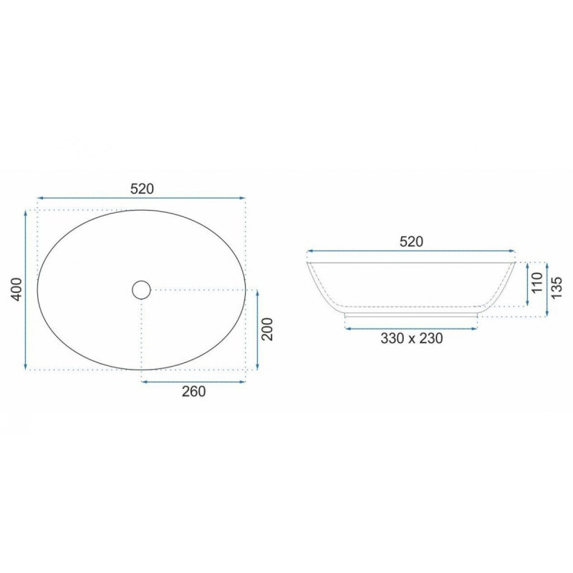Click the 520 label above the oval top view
point(142,188)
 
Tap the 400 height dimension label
point(17,289)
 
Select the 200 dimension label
point(268,329)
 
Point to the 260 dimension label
point(193,391)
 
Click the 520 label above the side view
point(411,241)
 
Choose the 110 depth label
point(537,282)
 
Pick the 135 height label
point(556,288)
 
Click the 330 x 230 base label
point(411,338)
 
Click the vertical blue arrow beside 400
point(25,290)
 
